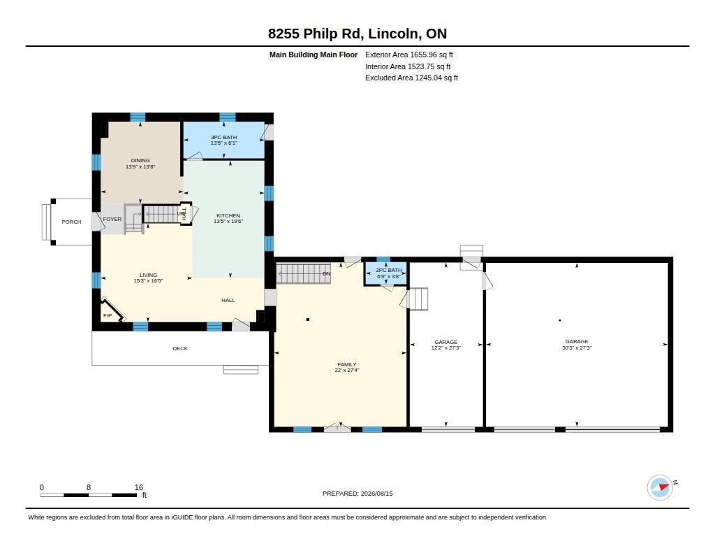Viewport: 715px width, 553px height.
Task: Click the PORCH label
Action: pyautogui.click(x=72, y=222)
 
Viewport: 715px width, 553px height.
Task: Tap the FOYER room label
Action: pyautogui.click(x=112, y=220)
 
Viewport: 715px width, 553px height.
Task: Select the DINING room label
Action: pyautogui.click(x=140, y=160)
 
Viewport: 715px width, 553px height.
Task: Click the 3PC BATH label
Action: pyautogui.click(x=224, y=137)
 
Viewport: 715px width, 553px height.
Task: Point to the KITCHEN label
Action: pyautogui.click(x=228, y=215)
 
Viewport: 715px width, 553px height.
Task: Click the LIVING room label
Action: pyautogui.click(x=148, y=275)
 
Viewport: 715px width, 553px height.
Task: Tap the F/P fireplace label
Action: pyautogui.click(x=108, y=315)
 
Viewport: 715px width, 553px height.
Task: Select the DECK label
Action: pyautogui.click(x=180, y=348)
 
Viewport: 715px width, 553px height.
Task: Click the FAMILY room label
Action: pyautogui.click(x=347, y=364)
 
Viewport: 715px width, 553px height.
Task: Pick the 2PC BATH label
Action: pyautogui.click(x=389, y=271)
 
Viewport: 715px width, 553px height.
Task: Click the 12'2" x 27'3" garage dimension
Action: pyautogui.click(x=446, y=348)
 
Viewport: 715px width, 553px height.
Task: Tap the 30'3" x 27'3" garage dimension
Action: pyautogui.click(x=577, y=347)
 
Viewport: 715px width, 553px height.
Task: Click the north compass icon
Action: pyautogui.click(x=661, y=487)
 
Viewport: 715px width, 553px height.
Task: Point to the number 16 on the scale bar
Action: pyautogui.click(x=139, y=487)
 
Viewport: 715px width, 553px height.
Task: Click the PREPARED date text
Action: pyautogui.click(x=357, y=494)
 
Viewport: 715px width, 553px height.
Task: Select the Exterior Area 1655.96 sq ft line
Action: pyautogui.click(x=409, y=55)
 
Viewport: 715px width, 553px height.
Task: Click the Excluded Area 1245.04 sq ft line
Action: pyautogui.click(x=412, y=78)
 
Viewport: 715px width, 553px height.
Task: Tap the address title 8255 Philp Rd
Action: pyautogui.click(x=315, y=34)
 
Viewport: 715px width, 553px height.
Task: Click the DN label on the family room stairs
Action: pyautogui.click(x=327, y=273)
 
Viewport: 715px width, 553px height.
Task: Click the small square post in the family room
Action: pyautogui.click(x=308, y=319)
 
